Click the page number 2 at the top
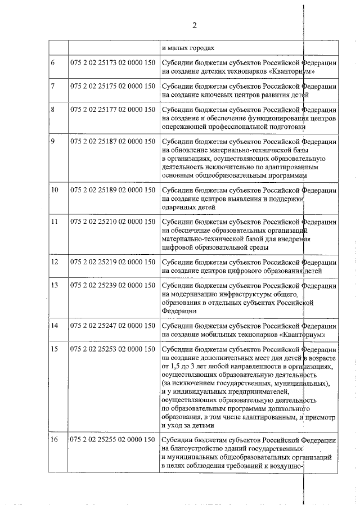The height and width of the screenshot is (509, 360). pos(194,25)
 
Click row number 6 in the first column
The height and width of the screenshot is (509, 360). pos(53,62)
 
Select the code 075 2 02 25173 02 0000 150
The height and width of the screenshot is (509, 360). pos(112,62)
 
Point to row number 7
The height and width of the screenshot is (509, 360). pos(53,86)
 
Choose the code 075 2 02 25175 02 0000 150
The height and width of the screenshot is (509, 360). pos(112,86)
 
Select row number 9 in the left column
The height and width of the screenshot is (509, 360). pos(53,141)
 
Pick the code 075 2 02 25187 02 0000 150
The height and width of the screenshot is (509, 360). pos(112,141)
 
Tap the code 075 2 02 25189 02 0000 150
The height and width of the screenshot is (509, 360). pos(112,190)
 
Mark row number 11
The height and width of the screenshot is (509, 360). pos(55,222)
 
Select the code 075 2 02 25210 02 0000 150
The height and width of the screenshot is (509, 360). pos(112,222)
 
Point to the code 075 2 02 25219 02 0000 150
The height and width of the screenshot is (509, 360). pos(112,262)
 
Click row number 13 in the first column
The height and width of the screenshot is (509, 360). pos(55,286)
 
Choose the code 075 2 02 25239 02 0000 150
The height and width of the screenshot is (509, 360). pos(112,286)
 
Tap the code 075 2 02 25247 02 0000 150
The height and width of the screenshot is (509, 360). pos(112,326)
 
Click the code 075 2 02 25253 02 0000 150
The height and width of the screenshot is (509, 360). pos(112,349)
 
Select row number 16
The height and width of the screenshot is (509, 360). pos(55,439)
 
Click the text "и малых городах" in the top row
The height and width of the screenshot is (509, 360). pos(188,48)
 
